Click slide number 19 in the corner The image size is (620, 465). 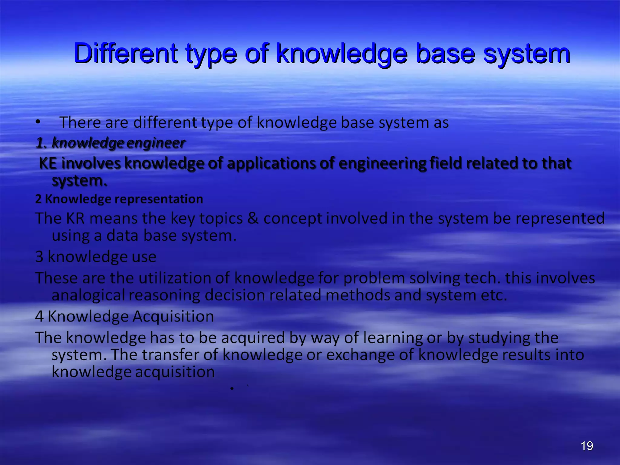point(587,446)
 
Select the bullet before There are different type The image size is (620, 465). point(38,122)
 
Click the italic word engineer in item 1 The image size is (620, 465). point(156,143)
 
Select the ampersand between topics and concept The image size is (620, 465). point(253,218)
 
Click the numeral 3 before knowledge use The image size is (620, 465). point(39,256)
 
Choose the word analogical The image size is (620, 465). point(88,295)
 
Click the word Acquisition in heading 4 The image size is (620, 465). point(173,316)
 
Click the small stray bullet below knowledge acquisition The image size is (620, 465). point(232,388)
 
